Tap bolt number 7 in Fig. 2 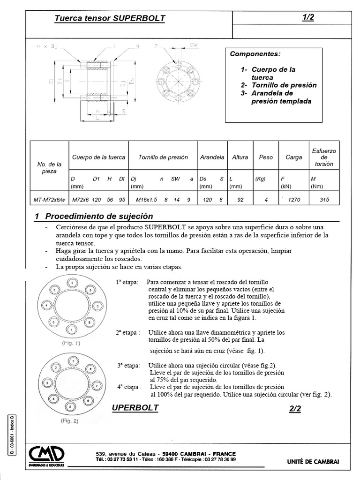pyautogui.click(x=97, y=386)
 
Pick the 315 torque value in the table pyautogui.click(x=323, y=200)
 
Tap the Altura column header pyautogui.click(x=240, y=157)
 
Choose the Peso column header pyautogui.click(x=266, y=157)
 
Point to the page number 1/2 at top pyautogui.click(x=308, y=18)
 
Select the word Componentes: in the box pyautogui.click(x=255, y=54)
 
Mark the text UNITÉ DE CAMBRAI pyautogui.click(x=313, y=462)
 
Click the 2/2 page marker pyautogui.click(x=295, y=409)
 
